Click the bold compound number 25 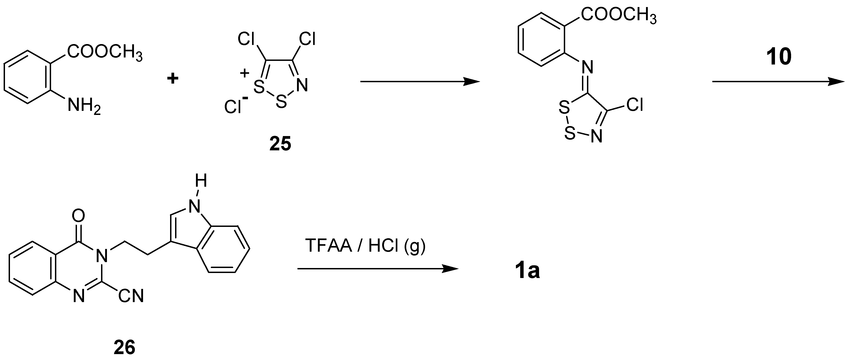tap(280, 144)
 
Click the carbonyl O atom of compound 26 tap(78, 216)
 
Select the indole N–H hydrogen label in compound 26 tap(201, 181)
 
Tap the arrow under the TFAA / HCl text tap(377, 269)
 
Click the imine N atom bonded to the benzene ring tap(587, 67)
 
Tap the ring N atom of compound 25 tap(302, 85)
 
